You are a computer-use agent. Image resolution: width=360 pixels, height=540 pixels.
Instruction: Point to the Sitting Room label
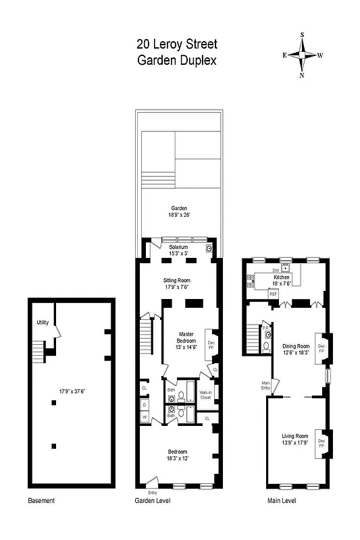pos(177,283)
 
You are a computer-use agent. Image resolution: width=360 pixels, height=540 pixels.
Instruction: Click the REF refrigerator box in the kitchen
pos(274,294)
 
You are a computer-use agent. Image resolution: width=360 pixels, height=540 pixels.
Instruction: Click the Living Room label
pos(294,439)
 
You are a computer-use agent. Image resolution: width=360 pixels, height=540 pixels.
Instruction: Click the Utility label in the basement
pos(43,323)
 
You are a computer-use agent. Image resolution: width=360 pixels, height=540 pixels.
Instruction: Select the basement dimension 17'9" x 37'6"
pos(72,389)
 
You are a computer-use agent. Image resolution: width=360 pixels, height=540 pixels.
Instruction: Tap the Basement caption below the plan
pos(41,501)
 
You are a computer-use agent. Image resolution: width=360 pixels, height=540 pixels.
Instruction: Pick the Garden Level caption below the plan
pos(153,501)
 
